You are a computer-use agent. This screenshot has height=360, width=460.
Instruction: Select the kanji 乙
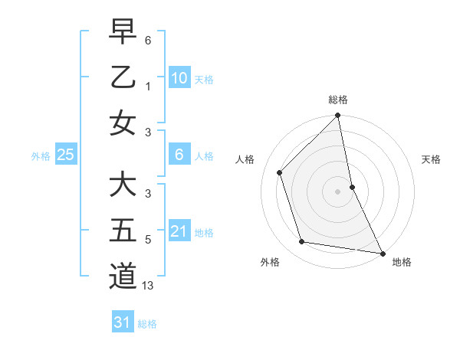(x=123, y=77)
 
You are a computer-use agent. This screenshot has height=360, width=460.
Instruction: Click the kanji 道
(x=123, y=277)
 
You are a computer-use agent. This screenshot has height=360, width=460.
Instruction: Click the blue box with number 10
(x=179, y=77)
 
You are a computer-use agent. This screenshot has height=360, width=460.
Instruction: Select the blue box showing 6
(x=179, y=155)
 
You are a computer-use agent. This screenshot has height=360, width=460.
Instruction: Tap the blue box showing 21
(x=179, y=231)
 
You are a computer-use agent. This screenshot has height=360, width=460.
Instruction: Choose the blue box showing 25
(x=66, y=155)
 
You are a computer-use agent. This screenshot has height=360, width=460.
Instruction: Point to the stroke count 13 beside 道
(x=148, y=286)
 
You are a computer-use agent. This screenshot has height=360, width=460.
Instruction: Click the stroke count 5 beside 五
(x=148, y=240)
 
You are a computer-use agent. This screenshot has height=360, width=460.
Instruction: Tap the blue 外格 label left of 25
(x=41, y=155)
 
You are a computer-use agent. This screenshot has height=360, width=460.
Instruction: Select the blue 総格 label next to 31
(x=147, y=323)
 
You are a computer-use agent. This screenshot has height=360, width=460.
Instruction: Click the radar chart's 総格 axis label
(x=338, y=100)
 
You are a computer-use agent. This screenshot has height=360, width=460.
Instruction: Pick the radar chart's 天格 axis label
(x=432, y=159)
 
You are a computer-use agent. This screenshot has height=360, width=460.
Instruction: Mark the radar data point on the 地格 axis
(x=382, y=253)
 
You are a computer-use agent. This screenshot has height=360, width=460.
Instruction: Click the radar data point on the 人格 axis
(x=280, y=172)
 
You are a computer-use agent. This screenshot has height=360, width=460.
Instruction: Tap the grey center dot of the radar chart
(x=338, y=191)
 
